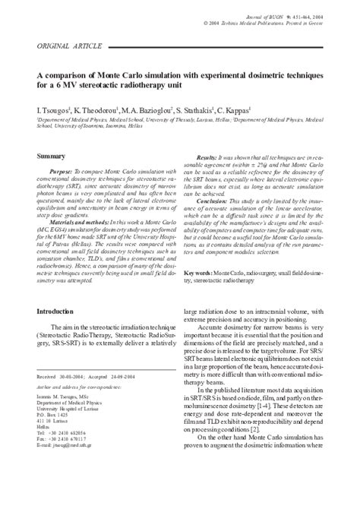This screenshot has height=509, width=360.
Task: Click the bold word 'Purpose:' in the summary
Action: tap(63, 173)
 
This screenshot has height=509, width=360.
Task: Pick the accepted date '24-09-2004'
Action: tap(134, 396)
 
